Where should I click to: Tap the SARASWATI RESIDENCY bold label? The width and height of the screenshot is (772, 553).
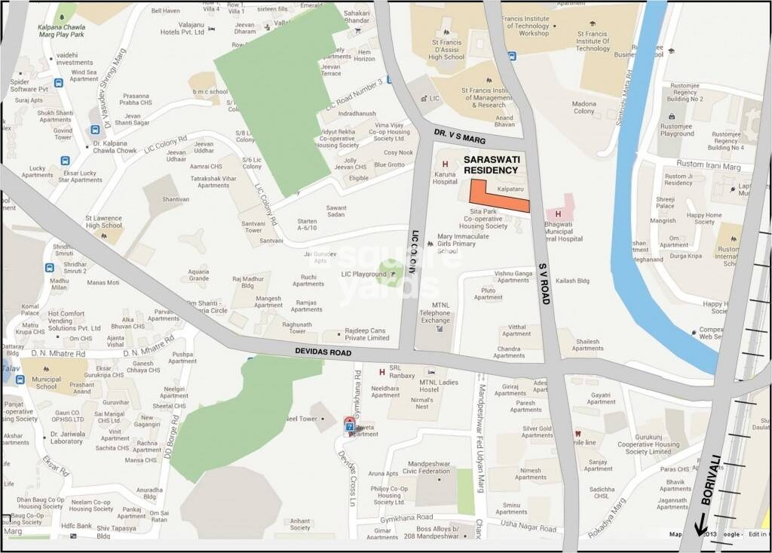[492, 165]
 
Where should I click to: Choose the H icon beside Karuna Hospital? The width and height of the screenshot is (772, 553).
[446, 164]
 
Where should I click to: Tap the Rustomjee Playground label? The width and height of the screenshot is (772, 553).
[676, 129]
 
